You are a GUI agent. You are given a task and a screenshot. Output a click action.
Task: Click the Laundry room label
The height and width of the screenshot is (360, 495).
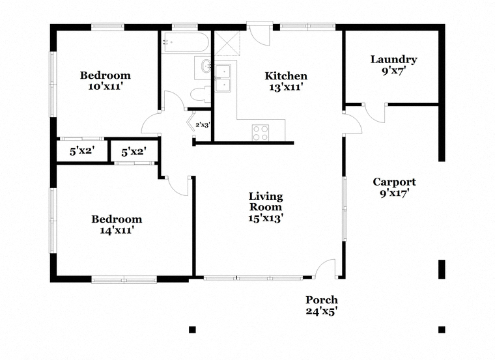(393, 59)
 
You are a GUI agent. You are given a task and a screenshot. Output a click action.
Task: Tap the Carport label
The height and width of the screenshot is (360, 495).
(394, 182)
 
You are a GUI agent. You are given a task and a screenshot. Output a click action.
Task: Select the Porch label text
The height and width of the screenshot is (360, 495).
(322, 299)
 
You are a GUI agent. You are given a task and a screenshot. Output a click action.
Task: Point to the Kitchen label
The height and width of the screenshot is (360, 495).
(286, 76)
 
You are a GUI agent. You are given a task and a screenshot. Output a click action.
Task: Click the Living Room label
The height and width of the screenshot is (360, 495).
(266, 202)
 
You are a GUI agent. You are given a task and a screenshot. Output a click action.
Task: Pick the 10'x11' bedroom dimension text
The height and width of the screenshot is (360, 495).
(105, 87)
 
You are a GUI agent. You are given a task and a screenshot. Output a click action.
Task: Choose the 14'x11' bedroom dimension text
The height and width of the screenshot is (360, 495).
(117, 230)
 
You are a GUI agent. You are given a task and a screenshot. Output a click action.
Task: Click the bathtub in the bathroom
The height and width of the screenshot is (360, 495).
(185, 42)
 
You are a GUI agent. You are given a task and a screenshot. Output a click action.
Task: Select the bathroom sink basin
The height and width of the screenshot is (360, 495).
(206, 66)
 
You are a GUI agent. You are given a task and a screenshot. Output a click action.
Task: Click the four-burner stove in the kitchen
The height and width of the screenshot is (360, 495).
(261, 133)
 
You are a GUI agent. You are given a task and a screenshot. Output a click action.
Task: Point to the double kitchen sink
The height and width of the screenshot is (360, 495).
(223, 78)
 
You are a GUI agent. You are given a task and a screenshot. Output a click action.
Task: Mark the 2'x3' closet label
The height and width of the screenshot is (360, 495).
(203, 125)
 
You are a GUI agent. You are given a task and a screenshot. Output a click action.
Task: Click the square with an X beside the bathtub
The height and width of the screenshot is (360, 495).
(227, 43)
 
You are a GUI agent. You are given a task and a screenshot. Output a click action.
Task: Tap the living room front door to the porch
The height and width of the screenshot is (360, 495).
(326, 269)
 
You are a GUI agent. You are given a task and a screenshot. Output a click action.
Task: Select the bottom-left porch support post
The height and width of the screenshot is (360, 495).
(192, 329)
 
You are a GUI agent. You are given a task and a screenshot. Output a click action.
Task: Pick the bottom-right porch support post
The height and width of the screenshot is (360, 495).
(442, 329)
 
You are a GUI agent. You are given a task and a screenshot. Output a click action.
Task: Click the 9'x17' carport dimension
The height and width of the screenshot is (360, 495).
(394, 193)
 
